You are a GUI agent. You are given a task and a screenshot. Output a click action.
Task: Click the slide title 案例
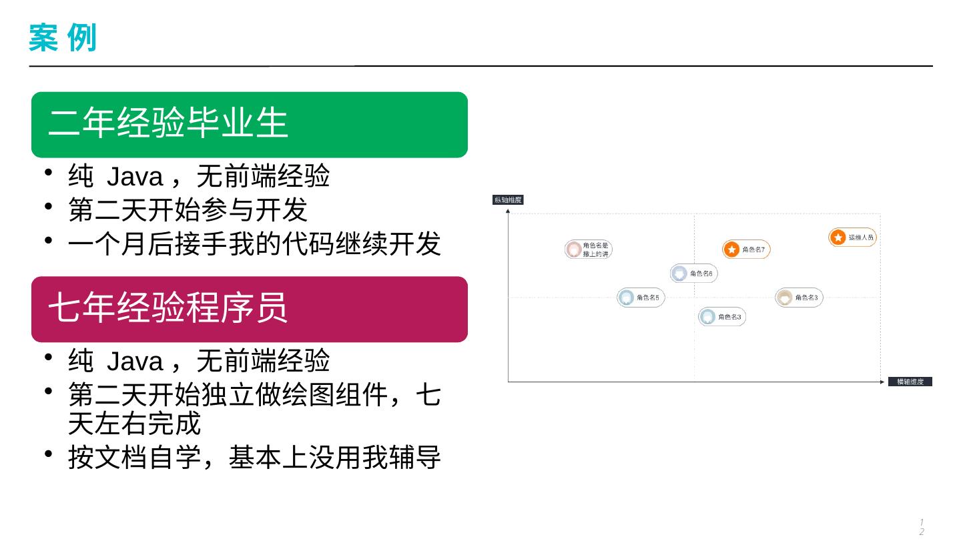click(x=63, y=37)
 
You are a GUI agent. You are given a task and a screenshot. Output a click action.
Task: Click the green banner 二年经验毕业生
click(x=249, y=124)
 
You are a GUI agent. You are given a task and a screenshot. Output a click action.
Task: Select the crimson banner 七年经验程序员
click(x=249, y=309)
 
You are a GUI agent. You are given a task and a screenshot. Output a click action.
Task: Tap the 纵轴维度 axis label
click(x=507, y=199)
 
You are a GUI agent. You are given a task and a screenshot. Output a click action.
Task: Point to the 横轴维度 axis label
click(x=910, y=382)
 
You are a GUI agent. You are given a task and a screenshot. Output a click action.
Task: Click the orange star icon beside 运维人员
click(x=838, y=237)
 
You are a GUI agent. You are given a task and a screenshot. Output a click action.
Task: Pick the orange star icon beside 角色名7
click(x=732, y=249)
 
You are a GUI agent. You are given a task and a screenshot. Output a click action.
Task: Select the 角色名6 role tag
click(x=694, y=274)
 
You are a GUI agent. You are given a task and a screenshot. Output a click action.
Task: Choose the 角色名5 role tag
click(x=641, y=298)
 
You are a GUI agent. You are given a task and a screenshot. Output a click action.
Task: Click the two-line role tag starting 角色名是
click(x=588, y=249)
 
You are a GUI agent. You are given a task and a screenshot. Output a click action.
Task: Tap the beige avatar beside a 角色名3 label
click(x=784, y=298)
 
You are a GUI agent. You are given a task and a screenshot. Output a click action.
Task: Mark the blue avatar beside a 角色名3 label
click(x=707, y=317)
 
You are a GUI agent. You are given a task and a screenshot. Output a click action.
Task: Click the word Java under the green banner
click(x=135, y=177)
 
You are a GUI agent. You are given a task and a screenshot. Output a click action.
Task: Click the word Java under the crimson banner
click(x=135, y=362)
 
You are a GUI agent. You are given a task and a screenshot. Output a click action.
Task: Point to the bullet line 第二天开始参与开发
click(x=188, y=210)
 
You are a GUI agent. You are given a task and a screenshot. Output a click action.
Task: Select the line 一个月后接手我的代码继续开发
click(x=254, y=244)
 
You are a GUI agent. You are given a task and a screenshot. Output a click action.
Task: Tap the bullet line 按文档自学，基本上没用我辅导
click(x=254, y=458)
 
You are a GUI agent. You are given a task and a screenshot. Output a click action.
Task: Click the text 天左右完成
click(x=134, y=424)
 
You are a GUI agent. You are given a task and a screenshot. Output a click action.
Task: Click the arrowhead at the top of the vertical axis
click(x=509, y=211)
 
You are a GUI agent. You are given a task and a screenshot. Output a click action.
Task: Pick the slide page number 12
click(x=922, y=526)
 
